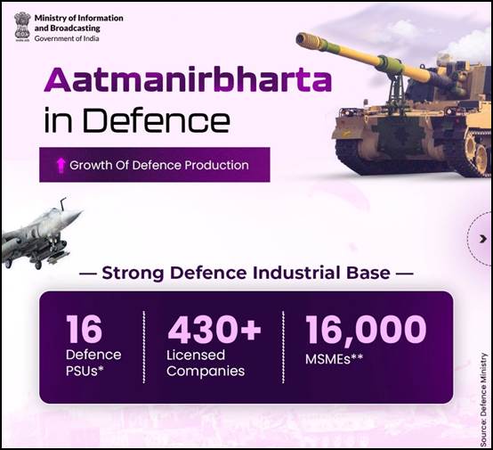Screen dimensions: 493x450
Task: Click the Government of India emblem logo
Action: (22, 27)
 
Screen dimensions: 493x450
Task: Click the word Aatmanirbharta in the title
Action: (188, 80)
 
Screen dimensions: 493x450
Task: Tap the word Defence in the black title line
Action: (155, 120)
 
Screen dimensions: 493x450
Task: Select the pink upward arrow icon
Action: (61, 165)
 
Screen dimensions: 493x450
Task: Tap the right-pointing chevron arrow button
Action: (483, 239)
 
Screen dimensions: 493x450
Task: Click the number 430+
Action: (214, 329)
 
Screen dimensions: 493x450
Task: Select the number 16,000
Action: (366, 329)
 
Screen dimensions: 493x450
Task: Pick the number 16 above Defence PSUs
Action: (84, 329)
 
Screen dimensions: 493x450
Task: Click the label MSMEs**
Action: (334, 359)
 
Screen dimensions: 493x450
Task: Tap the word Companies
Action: (206, 371)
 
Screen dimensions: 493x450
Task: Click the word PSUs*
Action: (85, 371)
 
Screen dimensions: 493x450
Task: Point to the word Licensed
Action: (196, 355)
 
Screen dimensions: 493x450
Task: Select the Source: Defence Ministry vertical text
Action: (483, 399)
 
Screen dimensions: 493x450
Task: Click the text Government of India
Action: (67, 38)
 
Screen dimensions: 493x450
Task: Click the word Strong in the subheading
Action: (133, 273)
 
